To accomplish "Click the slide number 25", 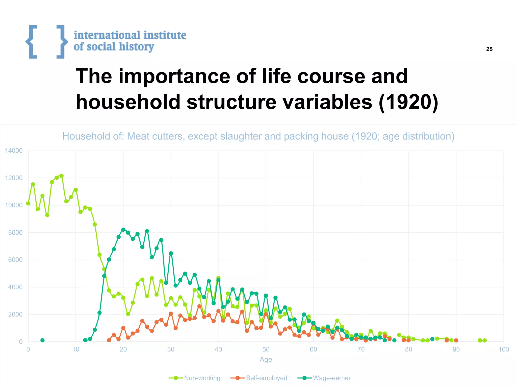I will (489, 49).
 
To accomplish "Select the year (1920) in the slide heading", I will (408, 102).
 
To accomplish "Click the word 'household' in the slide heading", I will (128, 102).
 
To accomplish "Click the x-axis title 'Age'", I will (266, 359).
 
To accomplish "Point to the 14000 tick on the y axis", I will (14, 151).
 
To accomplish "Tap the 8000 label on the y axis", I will (15, 233).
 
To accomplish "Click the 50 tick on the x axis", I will (266, 349).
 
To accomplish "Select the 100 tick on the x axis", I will (504, 349).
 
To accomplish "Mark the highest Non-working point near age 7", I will (61, 176).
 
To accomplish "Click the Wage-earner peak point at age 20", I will (123, 230).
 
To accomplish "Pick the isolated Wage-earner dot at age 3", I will (42, 340).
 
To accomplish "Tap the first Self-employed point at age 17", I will (109, 340).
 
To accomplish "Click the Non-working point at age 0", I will (28, 204).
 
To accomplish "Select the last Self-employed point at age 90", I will (456, 340).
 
